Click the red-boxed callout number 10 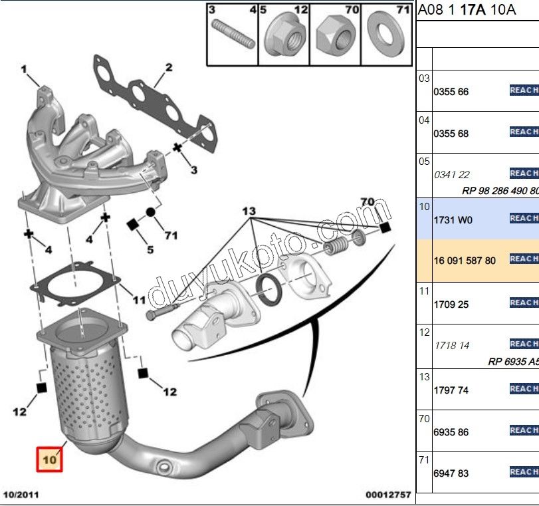point(50,459)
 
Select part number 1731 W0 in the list point(453,219)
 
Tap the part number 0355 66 point(451,92)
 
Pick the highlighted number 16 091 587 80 point(465,261)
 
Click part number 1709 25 point(451,305)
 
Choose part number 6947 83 point(451,473)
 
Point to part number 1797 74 point(451,390)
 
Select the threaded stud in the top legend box point(232,34)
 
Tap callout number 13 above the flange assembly point(249,211)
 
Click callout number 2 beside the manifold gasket point(169,67)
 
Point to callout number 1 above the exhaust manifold point(24,68)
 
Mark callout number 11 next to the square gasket point(138,301)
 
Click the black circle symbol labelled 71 point(150,212)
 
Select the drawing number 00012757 point(388,495)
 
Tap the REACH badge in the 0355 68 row point(524,132)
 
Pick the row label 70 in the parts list point(424,418)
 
